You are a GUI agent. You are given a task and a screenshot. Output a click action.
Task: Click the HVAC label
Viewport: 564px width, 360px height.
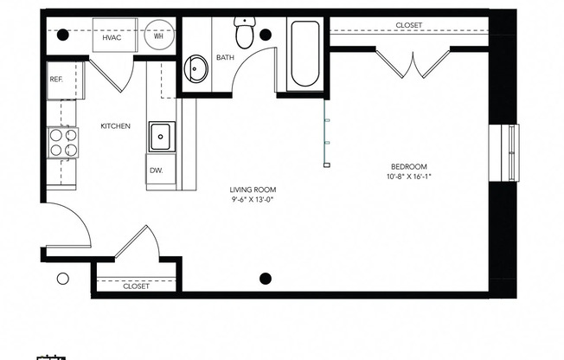[111, 39]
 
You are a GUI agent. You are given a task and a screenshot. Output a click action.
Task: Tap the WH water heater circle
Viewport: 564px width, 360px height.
[159, 37]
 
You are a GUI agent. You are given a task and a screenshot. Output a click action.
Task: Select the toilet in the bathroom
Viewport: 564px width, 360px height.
[244, 34]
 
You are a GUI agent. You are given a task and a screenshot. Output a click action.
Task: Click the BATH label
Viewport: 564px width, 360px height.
[225, 58]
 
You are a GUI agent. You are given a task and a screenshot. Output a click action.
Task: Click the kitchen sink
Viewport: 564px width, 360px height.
[161, 136]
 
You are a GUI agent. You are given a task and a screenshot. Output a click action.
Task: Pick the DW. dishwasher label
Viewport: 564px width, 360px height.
[156, 170]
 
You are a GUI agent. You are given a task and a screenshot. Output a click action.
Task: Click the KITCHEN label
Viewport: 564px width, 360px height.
[115, 126]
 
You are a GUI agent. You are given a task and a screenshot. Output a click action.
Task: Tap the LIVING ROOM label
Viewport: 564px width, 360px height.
[253, 190]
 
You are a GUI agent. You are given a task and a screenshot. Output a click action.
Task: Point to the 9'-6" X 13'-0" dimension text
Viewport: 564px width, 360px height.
[253, 200]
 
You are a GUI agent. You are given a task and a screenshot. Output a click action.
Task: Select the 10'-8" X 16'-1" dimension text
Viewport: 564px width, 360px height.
[408, 177]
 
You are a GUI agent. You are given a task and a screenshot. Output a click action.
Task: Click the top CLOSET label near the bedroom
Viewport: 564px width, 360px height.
[408, 25]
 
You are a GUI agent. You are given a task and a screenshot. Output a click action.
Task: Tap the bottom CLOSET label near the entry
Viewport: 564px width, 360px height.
[136, 286]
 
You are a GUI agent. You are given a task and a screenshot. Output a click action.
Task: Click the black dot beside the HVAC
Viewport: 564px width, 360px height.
[62, 35]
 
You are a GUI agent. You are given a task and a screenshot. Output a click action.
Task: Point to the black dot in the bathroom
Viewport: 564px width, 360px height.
[266, 35]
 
